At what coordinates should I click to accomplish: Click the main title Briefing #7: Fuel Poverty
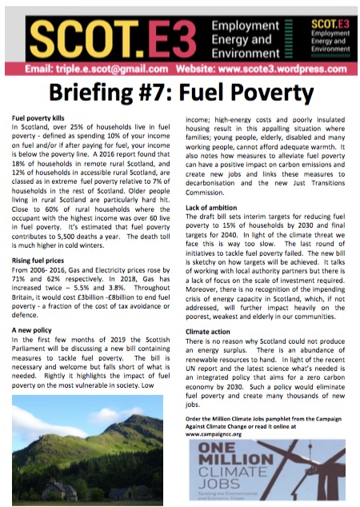click(180, 93)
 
